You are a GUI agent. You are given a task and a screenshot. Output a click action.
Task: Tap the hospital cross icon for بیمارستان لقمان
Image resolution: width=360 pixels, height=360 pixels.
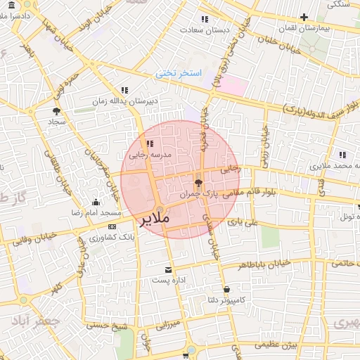click(x=304, y=18)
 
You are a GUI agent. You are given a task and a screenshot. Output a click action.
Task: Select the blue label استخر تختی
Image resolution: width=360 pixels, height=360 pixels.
click(x=179, y=73)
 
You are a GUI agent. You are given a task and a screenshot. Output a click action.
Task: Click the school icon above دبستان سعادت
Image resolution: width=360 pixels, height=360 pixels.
click(x=205, y=19)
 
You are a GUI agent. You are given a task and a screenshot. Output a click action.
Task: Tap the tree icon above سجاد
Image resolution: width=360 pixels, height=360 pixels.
click(x=56, y=110)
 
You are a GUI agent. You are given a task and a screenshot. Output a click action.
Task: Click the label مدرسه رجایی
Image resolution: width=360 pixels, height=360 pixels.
click(x=146, y=155)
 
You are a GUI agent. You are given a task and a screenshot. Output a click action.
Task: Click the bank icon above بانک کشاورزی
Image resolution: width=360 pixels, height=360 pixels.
click(x=112, y=226)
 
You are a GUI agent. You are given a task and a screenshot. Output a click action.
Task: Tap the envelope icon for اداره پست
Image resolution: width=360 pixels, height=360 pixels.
click(x=168, y=269)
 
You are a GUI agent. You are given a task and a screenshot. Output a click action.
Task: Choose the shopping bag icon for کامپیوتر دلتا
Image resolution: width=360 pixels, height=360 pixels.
click(x=226, y=289)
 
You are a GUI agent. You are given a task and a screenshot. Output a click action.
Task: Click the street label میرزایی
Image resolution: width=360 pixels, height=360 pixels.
click(x=167, y=325)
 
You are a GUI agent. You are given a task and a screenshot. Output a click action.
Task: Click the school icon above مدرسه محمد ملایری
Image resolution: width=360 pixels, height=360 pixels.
click(x=342, y=155)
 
